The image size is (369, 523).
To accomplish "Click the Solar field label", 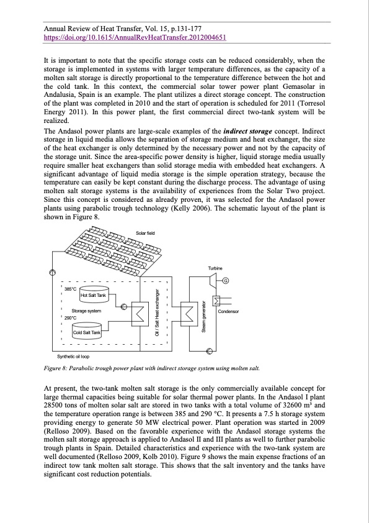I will (145, 232).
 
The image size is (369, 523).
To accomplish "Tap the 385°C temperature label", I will (71, 289).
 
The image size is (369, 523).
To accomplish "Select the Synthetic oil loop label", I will (73, 357).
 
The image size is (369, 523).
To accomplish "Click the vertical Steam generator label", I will (203, 316).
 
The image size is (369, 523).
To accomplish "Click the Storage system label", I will (86, 310).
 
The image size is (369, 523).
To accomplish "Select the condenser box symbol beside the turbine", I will (216, 301).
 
